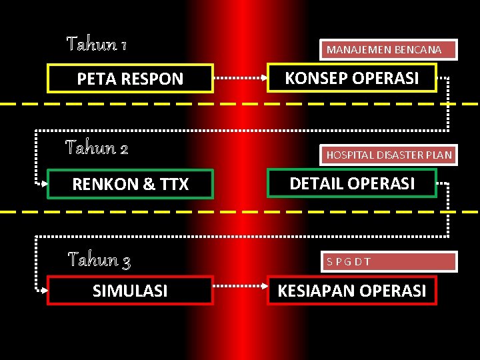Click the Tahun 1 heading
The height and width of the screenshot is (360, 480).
[x=97, y=45]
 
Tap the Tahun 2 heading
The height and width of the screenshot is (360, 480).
[x=97, y=147]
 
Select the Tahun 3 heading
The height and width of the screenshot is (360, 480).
[x=99, y=259]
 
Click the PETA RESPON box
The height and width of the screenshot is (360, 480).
[x=130, y=79]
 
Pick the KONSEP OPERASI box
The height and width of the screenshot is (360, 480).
[x=352, y=78]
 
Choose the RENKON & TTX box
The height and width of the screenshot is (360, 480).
[x=130, y=184]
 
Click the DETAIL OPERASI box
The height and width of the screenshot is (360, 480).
[x=352, y=183]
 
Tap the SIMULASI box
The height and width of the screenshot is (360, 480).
[x=130, y=291]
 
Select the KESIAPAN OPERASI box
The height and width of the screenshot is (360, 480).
[x=352, y=291]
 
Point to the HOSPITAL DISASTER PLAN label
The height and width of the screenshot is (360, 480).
[x=389, y=155]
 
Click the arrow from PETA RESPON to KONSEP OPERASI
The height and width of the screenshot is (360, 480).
[x=240, y=78]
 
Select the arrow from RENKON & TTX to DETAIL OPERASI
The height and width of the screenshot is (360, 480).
[x=240, y=183]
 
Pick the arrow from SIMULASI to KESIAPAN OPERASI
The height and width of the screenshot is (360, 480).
[x=240, y=290]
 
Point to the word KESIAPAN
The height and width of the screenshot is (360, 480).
[x=315, y=291]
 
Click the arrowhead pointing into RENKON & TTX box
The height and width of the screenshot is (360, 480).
[x=43, y=182]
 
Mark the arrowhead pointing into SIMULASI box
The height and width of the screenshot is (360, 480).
[x=43, y=288]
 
